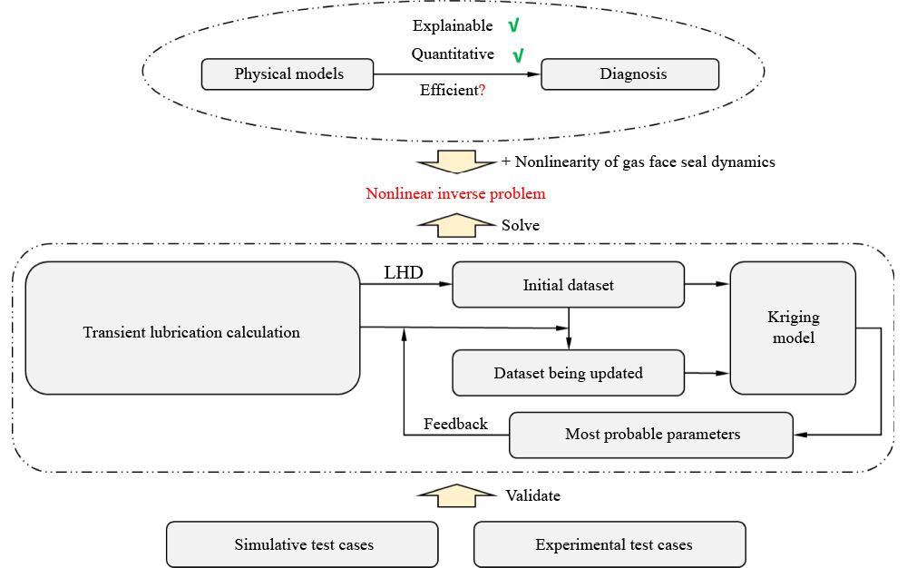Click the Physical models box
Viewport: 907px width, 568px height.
pyautogui.click(x=288, y=74)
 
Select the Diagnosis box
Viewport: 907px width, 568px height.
pyautogui.click(x=630, y=74)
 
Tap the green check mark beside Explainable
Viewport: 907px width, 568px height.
pyautogui.click(x=513, y=26)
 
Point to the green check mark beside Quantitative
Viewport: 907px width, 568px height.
pyautogui.click(x=518, y=55)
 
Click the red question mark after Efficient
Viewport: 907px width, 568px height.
pyautogui.click(x=482, y=91)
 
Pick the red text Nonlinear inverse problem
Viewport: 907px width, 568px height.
pyautogui.click(x=455, y=194)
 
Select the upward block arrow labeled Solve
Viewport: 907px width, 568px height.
pyautogui.click(x=457, y=225)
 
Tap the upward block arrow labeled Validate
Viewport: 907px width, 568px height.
pyautogui.click(x=457, y=495)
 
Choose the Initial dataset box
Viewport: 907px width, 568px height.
pyautogui.click(x=568, y=285)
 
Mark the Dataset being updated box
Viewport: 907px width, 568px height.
pyautogui.click(x=568, y=373)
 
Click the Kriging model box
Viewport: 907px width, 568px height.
pyautogui.click(x=793, y=328)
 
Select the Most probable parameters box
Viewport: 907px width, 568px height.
pyautogui.click(x=651, y=435)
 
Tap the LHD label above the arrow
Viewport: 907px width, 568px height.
pyautogui.click(x=403, y=272)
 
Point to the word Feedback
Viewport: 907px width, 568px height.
pyautogui.click(x=455, y=425)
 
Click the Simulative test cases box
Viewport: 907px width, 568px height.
pyautogui.click(x=303, y=544)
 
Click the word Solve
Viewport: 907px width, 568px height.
pyautogui.click(x=521, y=225)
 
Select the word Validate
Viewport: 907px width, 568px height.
pyautogui.click(x=532, y=495)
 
